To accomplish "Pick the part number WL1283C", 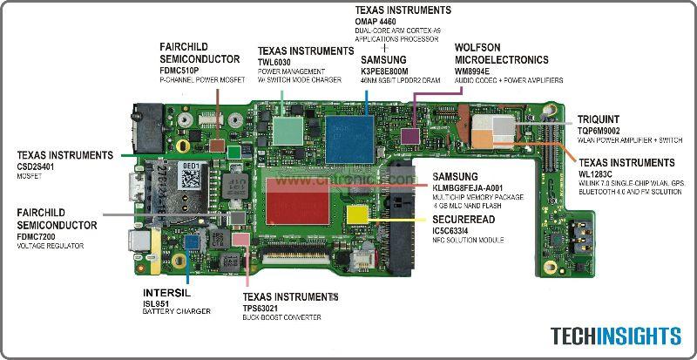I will [601, 173].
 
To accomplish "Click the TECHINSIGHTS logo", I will [615, 336].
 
